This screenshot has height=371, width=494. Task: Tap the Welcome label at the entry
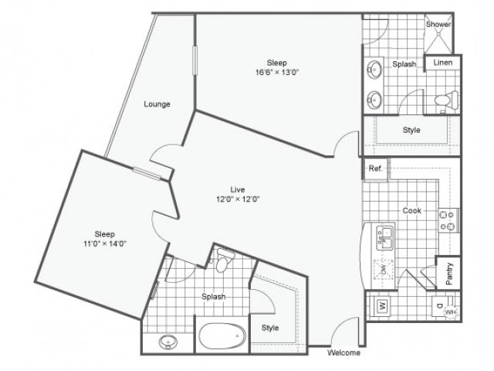[x=343, y=353]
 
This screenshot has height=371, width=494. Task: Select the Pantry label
[x=449, y=272]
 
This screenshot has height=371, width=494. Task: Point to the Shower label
[x=438, y=24]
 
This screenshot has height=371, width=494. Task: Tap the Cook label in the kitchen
[x=411, y=210]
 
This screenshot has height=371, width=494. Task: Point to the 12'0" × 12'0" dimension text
[x=238, y=199]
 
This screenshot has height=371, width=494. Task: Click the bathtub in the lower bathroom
[x=221, y=337]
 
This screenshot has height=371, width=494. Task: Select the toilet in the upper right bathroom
[x=445, y=100]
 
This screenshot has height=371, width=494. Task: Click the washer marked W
[x=382, y=306]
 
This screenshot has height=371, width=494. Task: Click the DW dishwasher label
[x=382, y=270]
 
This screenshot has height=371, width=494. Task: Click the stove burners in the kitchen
[x=447, y=221]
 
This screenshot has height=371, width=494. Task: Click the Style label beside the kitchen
[x=411, y=130]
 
